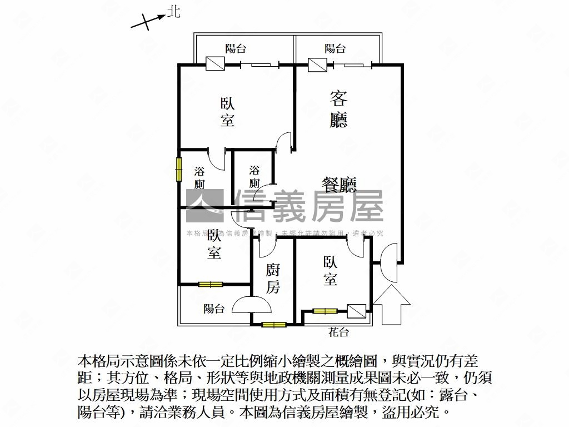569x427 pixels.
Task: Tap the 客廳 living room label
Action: [338, 110]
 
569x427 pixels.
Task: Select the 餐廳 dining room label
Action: [339, 185]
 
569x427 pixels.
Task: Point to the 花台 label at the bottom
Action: [338, 332]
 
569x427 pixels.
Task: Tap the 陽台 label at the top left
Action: [236, 49]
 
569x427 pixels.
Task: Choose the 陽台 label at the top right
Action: [335, 49]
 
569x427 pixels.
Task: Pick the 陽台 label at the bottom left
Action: [214, 309]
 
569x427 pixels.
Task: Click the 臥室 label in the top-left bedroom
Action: [227, 112]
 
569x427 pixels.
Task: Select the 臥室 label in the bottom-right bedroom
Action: [330, 271]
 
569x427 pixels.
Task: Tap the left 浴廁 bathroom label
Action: [200, 177]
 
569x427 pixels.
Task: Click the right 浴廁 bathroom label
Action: [254, 176]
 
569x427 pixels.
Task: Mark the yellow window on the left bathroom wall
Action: [179, 168]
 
